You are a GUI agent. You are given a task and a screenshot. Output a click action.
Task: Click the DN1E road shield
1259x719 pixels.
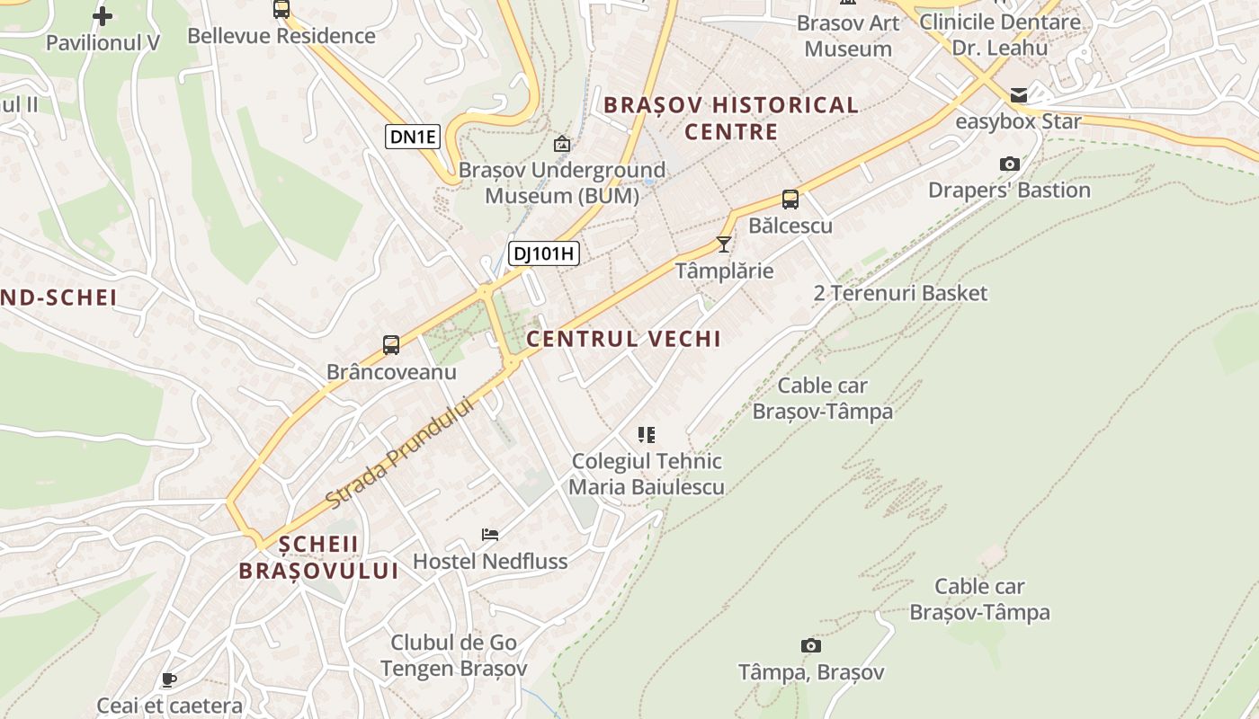point(414,137)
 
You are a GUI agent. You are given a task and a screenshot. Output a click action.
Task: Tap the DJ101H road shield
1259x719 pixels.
point(543,253)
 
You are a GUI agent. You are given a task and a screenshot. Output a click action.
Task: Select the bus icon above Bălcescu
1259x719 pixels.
point(790,200)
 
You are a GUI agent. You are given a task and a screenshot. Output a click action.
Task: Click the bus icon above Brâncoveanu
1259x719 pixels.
point(391,345)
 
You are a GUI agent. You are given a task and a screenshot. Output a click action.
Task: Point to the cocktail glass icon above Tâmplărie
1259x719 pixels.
point(724,244)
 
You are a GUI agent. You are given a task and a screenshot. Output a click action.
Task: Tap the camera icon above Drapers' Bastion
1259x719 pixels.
point(1010,164)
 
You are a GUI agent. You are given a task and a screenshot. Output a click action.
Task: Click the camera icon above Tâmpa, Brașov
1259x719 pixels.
point(810,645)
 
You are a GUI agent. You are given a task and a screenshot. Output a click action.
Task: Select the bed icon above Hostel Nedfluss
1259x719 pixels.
point(490,535)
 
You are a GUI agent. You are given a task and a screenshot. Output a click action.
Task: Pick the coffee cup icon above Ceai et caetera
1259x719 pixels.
point(168,679)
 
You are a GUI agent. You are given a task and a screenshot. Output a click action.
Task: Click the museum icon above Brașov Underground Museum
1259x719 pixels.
point(562,143)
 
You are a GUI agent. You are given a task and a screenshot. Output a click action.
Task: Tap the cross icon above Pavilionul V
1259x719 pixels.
point(103,15)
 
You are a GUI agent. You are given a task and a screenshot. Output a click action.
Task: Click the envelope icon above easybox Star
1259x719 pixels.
point(1019,94)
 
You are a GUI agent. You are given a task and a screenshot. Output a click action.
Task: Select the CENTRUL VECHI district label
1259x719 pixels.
point(624,339)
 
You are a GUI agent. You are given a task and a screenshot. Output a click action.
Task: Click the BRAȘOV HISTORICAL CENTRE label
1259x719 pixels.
point(731,118)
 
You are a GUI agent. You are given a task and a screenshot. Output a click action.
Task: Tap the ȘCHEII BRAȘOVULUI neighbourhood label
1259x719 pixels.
point(318,557)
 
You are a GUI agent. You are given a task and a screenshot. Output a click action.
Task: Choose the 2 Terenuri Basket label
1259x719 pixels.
point(900,293)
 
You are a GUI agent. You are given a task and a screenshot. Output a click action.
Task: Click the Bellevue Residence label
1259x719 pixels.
point(281,36)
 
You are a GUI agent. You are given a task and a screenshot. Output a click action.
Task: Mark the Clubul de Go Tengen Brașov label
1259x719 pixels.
point(453,655)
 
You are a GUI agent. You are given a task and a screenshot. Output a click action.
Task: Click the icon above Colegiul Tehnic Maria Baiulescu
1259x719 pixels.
point(647,435)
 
